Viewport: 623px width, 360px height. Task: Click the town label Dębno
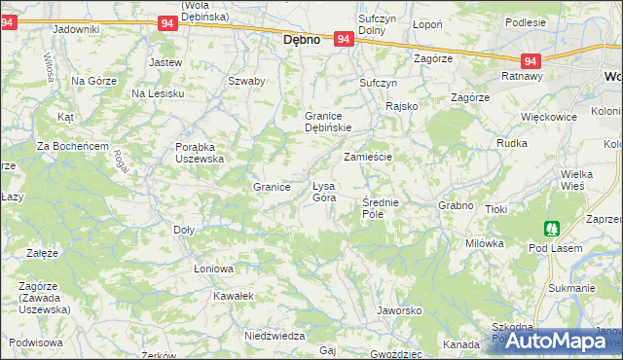click(x=302, y=41)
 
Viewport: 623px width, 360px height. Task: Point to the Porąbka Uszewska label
click(x=200, y=153)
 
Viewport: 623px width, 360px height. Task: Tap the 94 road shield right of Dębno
click(x=343, y=39)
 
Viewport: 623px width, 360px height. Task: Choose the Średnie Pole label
click(x=380, y=207)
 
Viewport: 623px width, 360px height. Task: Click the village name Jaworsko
click(x=398, y=311)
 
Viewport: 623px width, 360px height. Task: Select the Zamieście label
click(x=367, y=156)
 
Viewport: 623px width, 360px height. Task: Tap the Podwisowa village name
click(x=36, y=342)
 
